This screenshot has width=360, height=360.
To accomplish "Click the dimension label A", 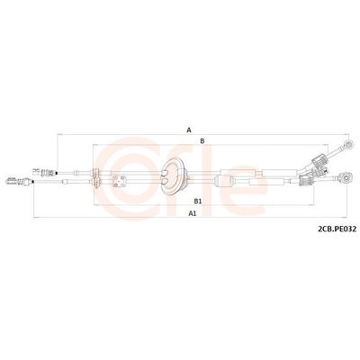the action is pyautogui.click(x=189, y=130).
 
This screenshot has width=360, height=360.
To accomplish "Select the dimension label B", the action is pyautogui.click(x=202, y=140).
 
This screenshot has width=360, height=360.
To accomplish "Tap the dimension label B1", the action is pyautogui.click(x=197, y=202).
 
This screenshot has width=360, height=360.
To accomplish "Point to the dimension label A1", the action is pyautogui.click(x=193, y=213).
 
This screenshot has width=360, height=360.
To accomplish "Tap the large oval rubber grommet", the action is pyautogui.click(x=172, y=177).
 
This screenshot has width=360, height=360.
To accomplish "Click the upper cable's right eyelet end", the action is pyautogui.click(x=348, y=144).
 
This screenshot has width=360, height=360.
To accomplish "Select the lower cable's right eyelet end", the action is pyautogui.click(x=345, y=178).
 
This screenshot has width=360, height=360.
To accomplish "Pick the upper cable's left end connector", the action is pyautogui.click(x=44, y=173).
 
